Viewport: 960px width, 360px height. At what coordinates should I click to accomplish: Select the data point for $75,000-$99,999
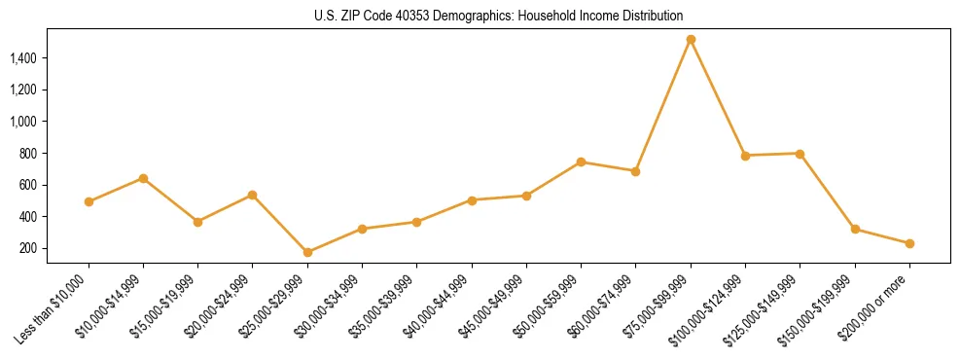[691, 40]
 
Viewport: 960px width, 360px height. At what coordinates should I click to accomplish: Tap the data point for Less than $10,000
[89, 201]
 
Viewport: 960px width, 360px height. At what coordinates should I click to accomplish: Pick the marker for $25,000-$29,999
[307, 252]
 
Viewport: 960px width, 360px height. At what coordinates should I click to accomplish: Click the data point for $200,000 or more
[909, 243]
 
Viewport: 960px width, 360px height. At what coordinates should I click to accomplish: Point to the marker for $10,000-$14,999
[143, 178]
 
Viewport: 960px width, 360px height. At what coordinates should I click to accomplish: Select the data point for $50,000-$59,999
[581, 162]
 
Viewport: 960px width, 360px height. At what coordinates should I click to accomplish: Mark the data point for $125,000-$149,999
[800, 154]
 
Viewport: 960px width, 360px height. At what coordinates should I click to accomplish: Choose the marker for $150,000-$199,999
[855, 229]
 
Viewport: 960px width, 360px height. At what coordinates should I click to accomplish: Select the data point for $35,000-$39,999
[416, 222]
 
